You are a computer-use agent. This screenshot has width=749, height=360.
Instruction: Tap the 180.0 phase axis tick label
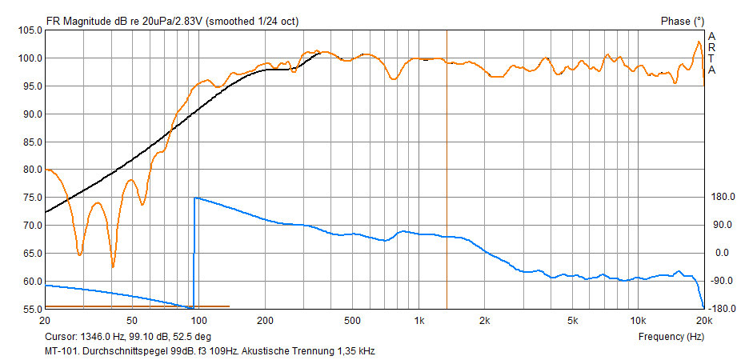click(x=722, y=197)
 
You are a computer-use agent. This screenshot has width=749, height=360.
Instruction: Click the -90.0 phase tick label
click(x=723, y=281)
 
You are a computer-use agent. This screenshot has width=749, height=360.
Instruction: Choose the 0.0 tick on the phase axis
click(x=723, y=253)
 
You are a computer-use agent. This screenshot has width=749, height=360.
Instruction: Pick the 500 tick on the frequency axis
click(x=352, y=320)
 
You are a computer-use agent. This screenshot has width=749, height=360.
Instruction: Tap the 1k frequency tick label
click(x=419, y=320)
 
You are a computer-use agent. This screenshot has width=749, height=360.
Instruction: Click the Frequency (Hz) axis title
click(x=671, y=337)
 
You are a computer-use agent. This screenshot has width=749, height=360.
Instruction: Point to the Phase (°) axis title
click(x=682, y=20)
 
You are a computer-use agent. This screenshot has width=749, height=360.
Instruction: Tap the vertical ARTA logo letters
click(x=712, y=53)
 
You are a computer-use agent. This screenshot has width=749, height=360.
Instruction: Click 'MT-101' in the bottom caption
click(x=62, y=350)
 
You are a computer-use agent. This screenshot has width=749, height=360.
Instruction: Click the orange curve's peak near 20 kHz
click(x=699, y=42)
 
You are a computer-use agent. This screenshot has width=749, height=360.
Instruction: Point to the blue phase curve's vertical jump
click(x=194, y=252)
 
